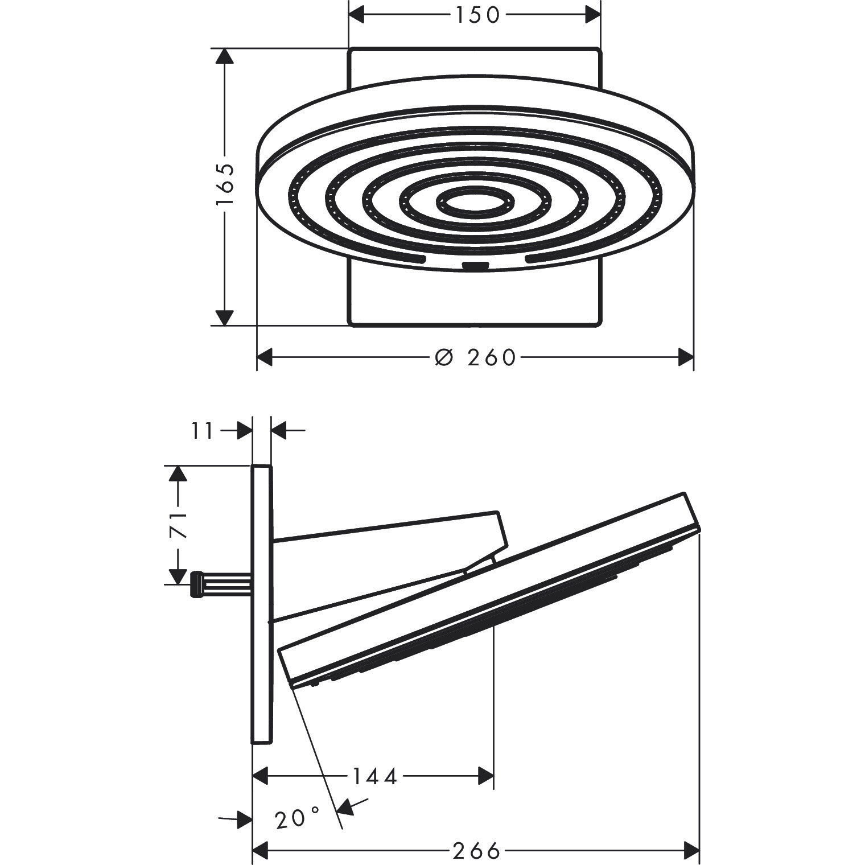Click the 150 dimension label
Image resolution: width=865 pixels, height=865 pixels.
pos(476,15)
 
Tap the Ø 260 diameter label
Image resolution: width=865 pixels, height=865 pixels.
pos(475,357)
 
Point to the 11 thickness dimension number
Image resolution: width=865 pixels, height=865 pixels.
pos(203,431)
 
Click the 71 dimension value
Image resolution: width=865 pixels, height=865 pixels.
pos(179,524)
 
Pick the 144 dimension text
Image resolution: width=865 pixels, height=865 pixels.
pos(374,776)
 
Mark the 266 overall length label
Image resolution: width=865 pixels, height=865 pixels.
pos(476,851)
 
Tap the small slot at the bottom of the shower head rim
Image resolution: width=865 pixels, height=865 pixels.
pos(476,265)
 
